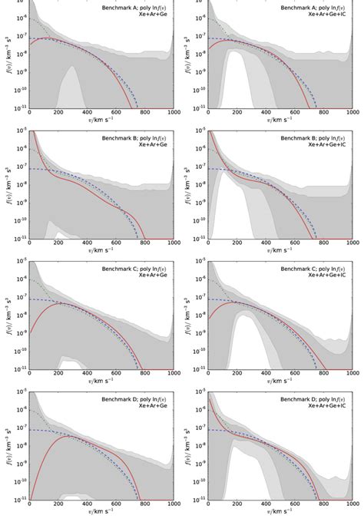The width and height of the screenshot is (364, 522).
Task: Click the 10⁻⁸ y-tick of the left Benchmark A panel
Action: coord(19,54)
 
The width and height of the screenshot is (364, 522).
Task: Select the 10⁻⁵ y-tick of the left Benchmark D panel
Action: coord(19,391)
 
